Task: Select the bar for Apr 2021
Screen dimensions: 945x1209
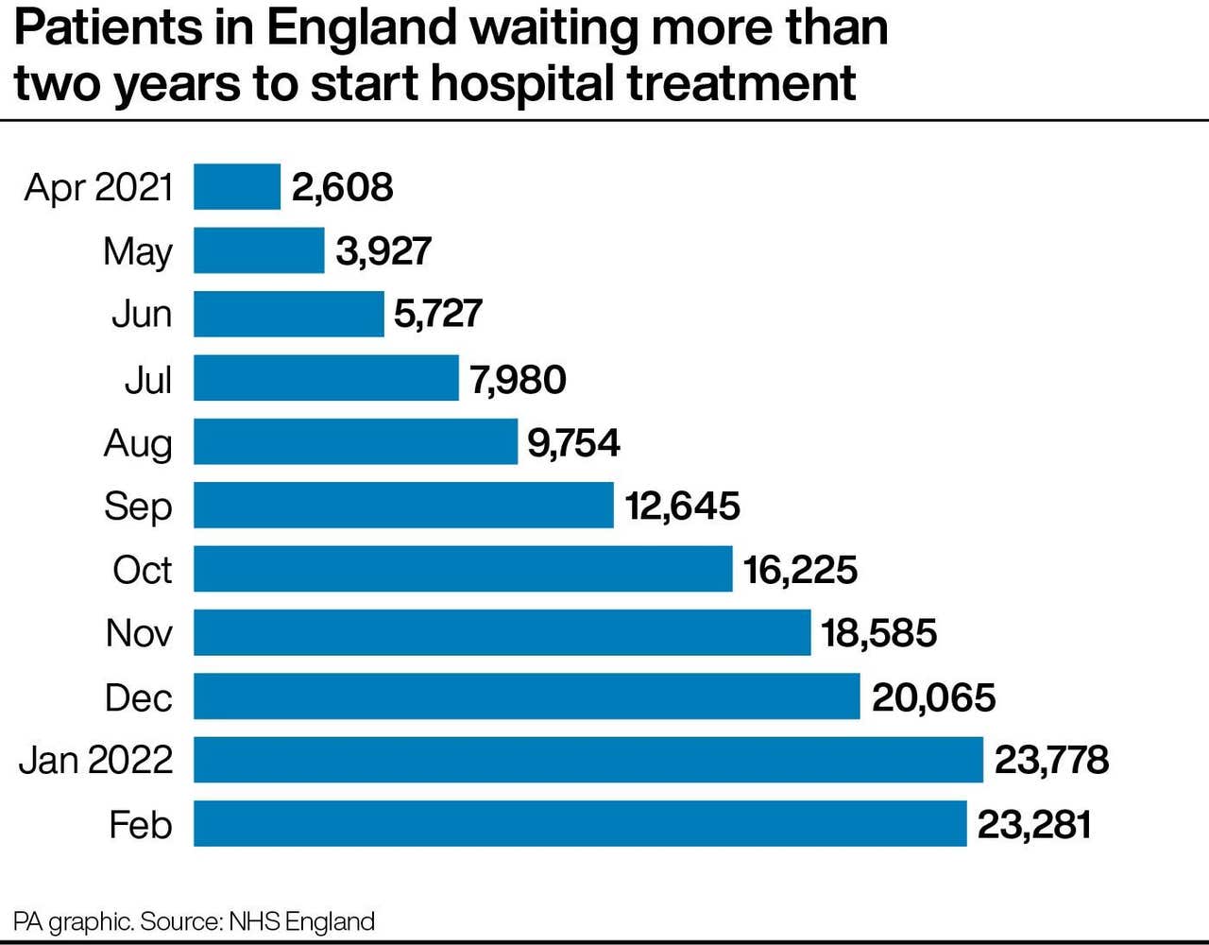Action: tap(237, 186)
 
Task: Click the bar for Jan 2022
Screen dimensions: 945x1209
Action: tap(587, 760)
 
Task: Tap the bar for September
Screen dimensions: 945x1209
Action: tap(403, 505)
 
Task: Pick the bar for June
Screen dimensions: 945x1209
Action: tap(288, 314)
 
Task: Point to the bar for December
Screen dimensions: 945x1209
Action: tap(526, 696)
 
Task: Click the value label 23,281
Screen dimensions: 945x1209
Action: tap(1034, 824)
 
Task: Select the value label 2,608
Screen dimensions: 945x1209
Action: tap(342, 186)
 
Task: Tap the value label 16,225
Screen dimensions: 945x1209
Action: tap(800, 570)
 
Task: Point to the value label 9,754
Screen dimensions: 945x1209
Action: tap(573, 442)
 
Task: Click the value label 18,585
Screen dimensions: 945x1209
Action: tap(878, 633)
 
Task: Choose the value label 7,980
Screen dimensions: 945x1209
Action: tap(518, 379)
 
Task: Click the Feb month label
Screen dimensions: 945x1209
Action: tap(140, 824)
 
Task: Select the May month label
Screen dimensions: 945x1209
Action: tap(138, 251)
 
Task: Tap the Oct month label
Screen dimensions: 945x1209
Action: tap(142, 570)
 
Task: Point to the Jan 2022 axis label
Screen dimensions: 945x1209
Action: tap(96, 760)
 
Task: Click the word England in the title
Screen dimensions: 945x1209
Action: tap(363, 28)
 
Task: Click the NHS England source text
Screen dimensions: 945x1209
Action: tap(301, 921)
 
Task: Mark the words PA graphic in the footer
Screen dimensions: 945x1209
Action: tap(73, 921)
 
